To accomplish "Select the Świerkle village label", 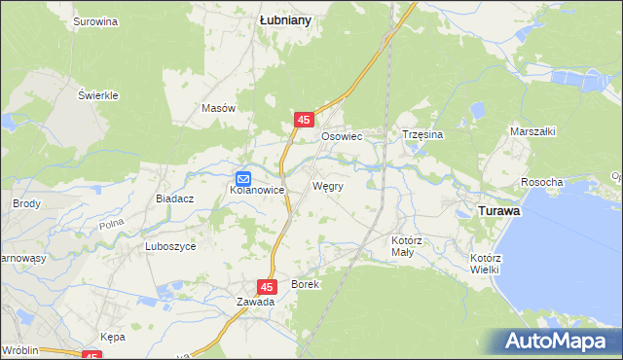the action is (98, 95).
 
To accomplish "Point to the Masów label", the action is (219, 109).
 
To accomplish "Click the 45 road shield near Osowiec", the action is (305, 120).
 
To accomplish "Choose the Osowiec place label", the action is (342, 137).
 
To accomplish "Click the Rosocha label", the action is (542, 183).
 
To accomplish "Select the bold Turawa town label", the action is (496, 210).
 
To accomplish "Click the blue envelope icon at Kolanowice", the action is (243, 178).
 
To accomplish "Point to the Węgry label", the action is (327, 185).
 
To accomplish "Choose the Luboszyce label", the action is (170, 247).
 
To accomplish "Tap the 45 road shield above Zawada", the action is (268, 286).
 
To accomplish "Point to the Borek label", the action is (305, 284).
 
